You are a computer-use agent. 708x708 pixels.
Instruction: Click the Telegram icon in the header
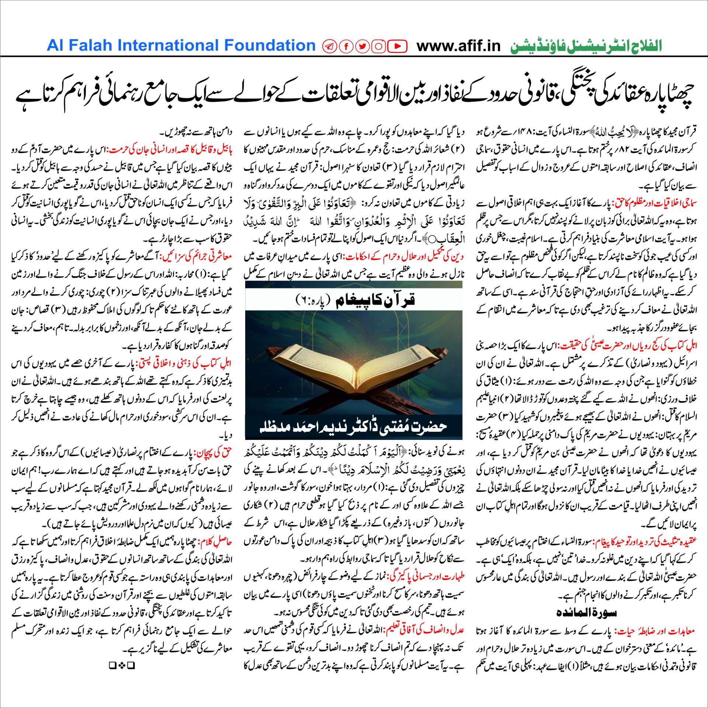[x=329, y=46]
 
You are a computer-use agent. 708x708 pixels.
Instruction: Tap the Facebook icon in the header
[x=346, y=46]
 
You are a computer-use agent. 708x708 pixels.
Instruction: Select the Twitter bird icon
[x=362, y=46]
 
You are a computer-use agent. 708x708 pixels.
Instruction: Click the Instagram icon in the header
[x=379, y=46]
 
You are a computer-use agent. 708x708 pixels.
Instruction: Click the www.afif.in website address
[x=458, y=46]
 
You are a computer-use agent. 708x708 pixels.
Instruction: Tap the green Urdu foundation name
[x=586, y=46]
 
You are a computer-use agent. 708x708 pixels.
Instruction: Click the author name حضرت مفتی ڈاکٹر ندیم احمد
[x=353, y=427]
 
